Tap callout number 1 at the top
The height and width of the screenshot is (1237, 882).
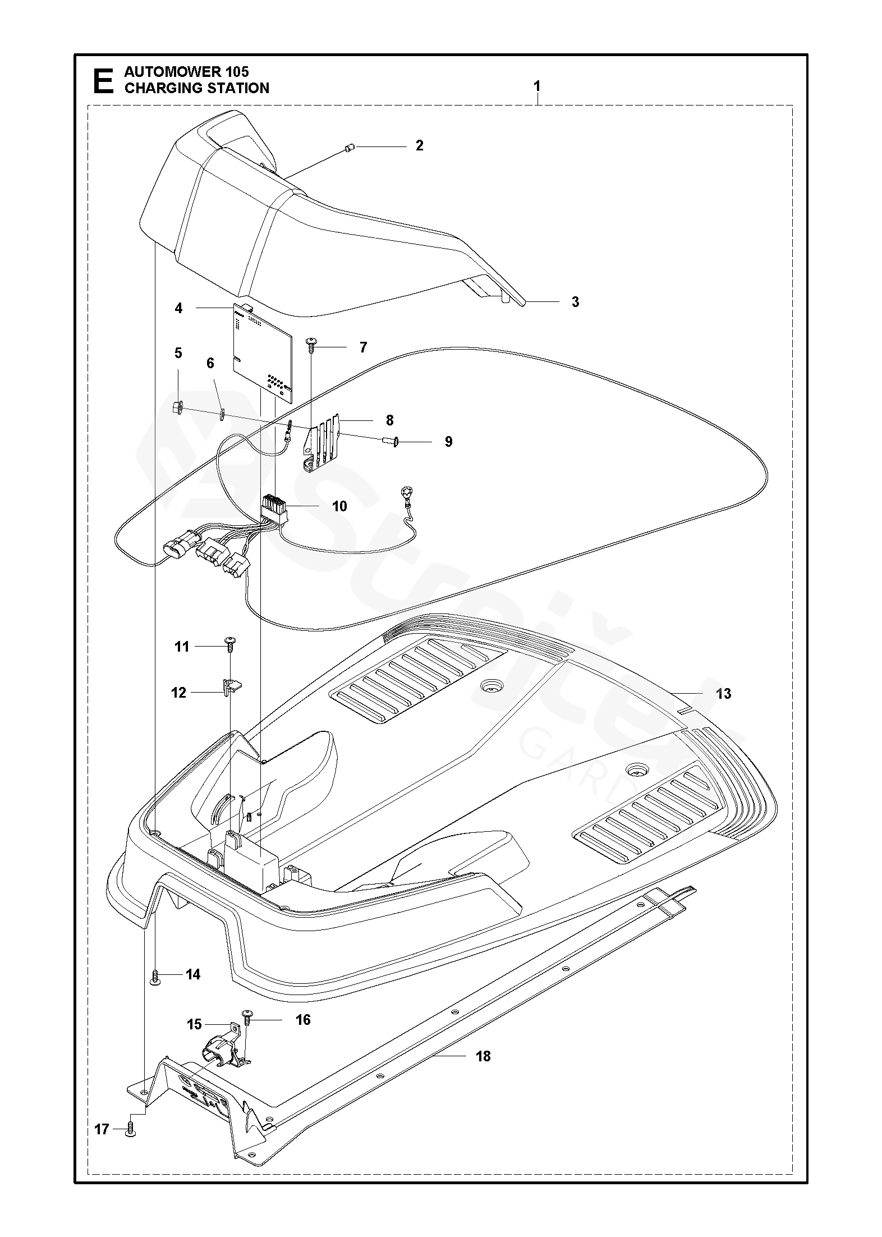point(537,86)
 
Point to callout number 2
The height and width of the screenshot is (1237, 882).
point(419,146)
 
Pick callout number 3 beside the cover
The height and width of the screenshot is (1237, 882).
point(575,302)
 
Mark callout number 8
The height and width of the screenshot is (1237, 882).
point(389,420)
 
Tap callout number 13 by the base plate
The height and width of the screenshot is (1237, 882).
point(724,694)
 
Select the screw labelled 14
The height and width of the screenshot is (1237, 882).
point(156,977)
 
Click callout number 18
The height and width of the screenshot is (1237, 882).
point(483,1056)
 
